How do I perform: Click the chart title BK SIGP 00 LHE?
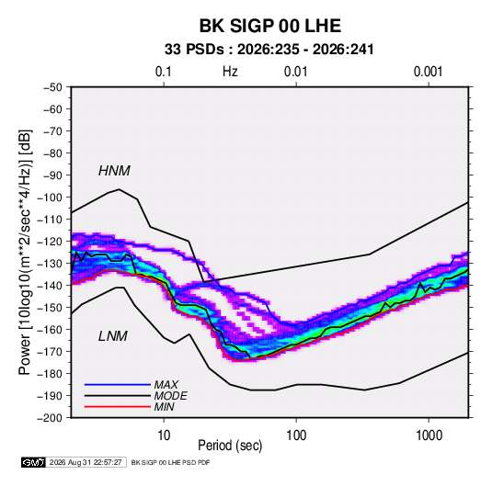[x=270, y=26]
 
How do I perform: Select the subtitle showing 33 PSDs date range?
[x=269, y=50]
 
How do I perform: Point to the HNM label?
[x=114, y=171]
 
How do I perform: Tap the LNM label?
[x=113, y=336]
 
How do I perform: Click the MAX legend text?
[x=166, y=385]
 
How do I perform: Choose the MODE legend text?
[x=171, y=396]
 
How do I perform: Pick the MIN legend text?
[x=164, y=407]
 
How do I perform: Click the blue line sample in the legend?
[x=118, y=385]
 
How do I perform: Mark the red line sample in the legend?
[x=118, y=407]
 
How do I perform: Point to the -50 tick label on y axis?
[x=52, y=87]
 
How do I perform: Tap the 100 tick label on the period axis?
[x=296, y=435]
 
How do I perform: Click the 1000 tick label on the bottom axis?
[x=429, y=435]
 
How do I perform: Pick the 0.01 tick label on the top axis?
[x=295, y=72]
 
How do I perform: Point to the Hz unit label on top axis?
[x=230, y=72]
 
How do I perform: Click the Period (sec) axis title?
[x=230, y=446]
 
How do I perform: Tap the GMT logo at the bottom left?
[x=34, y=462]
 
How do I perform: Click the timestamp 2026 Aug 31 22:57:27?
[x=86, y=462]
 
